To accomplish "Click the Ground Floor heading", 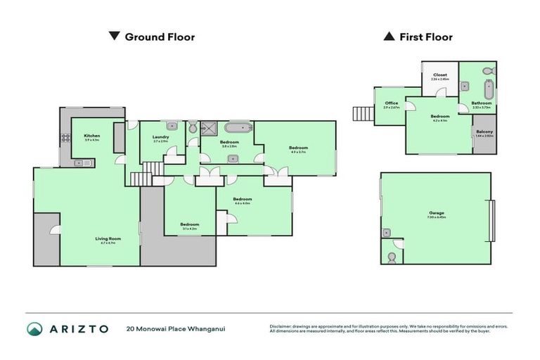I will click(160, 37).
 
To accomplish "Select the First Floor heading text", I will click(426, 37).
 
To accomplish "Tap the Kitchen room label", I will click(92, 136).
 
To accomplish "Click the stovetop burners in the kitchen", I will click(66, 139).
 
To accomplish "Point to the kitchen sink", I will click(80, 163).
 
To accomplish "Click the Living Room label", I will click(108, 239).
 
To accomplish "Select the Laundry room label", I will click(161, 138).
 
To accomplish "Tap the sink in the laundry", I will click(171, 127).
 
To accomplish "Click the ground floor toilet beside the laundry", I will click(193, 128).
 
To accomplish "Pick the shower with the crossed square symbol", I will click(209, 128).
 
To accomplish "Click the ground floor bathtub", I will click(236, 128).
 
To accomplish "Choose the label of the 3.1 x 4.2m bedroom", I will click(189, 226).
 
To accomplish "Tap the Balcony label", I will click(484, 132).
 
